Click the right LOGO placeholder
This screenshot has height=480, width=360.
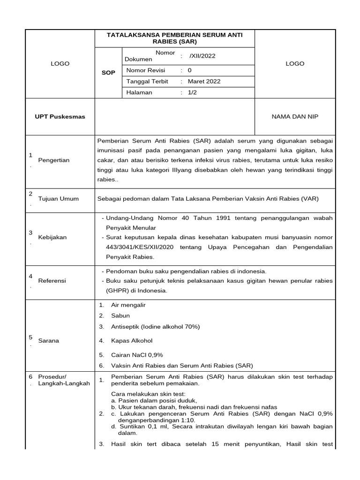point(295,64)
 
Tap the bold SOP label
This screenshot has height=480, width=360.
point(109,73)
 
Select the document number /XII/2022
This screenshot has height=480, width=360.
point(202,56)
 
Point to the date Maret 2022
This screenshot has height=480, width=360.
point(204,81)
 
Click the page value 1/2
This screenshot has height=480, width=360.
point(193,92)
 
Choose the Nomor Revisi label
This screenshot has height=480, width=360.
point(145,70)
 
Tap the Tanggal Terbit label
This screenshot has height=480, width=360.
point(147,81)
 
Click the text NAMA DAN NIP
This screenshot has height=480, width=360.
point(295,116)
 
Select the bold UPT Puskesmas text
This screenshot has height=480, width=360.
point(61,116)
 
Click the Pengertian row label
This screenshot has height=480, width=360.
point(54,160)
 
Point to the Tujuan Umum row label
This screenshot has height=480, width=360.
point(59,199)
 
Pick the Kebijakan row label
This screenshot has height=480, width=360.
point(52,237)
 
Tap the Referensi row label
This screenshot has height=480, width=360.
point(52,280)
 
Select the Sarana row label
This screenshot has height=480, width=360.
point(49,341)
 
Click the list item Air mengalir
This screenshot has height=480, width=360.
point(128,305)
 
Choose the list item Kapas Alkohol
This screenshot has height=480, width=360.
point(132,341)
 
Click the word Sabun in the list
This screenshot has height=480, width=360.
point(120,316)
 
